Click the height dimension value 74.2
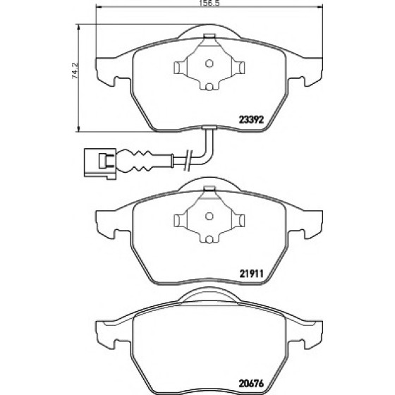tap(75, 71)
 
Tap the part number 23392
tap(251, 120)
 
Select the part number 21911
tap(251, 273)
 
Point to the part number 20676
tap(251, 384)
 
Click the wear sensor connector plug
tap(100, 164)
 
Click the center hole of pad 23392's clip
tap(209, 63)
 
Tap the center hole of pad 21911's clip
tap(209, 216)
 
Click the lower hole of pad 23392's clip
tap(209, 87)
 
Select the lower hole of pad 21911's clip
tap(209, 240)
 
